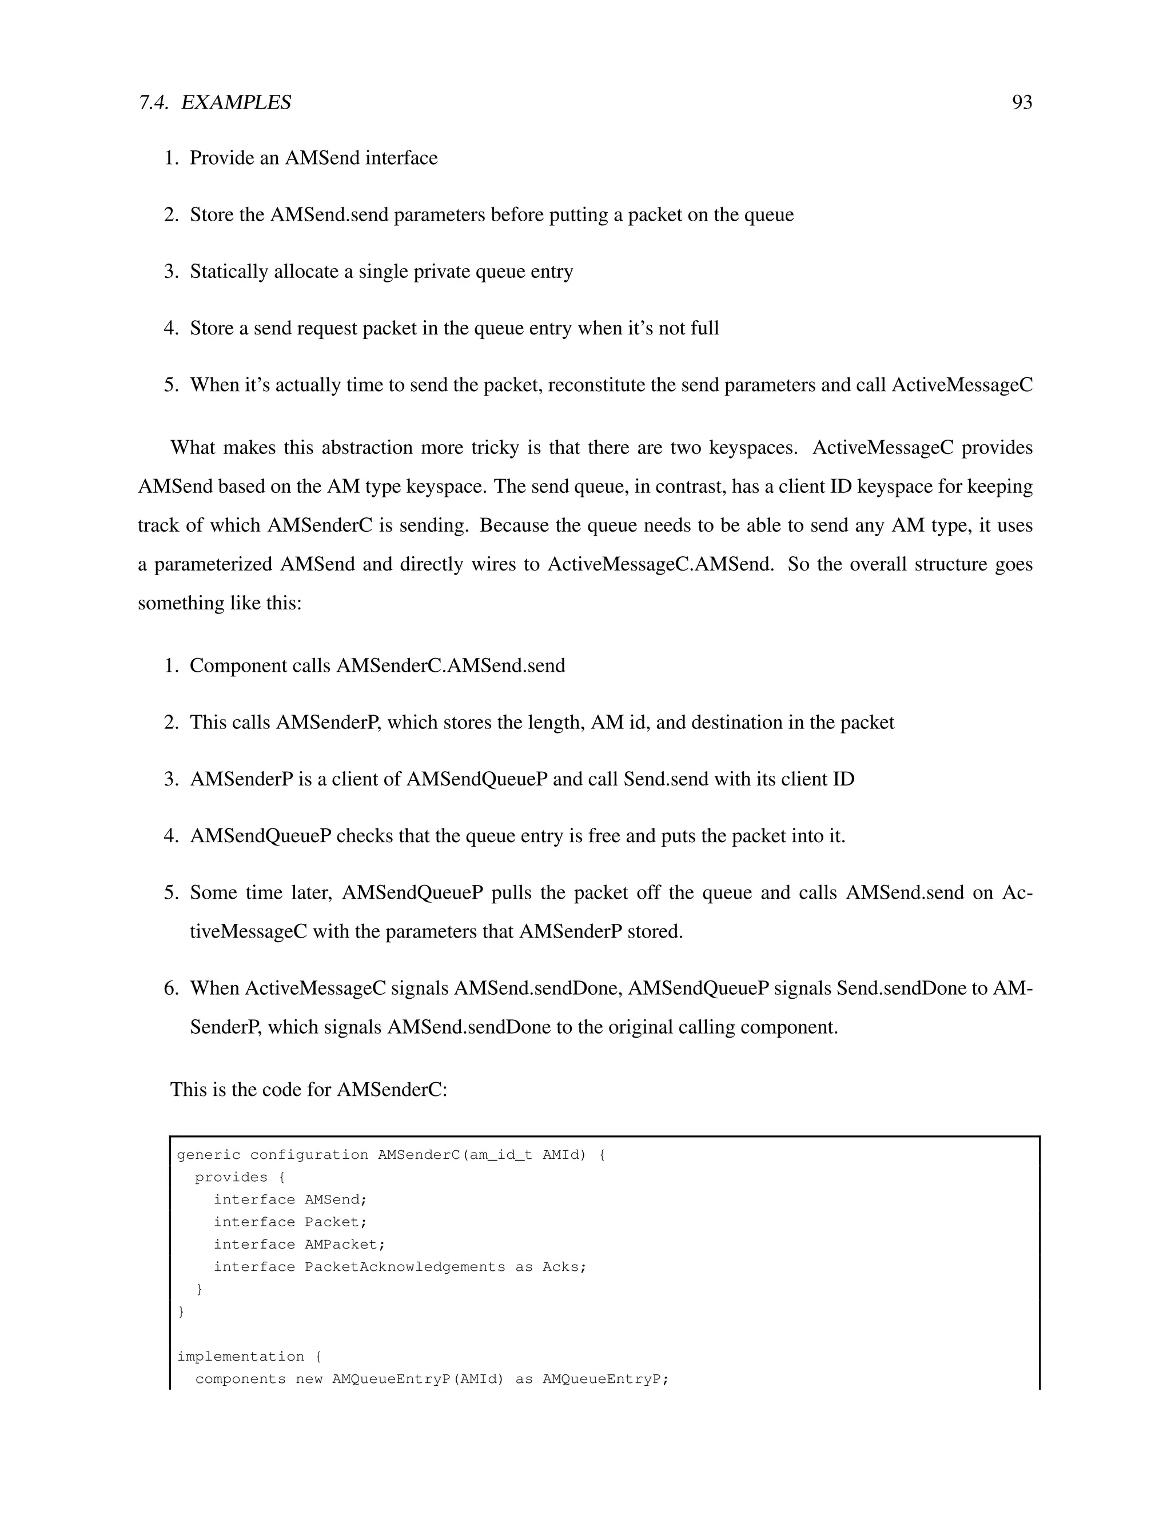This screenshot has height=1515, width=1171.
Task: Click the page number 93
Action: (1022, 103)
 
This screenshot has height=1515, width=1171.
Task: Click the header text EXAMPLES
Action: (236, 103)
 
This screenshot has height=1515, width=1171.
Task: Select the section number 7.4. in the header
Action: (153, 103)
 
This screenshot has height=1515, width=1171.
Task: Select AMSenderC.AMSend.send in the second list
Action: (451, 666)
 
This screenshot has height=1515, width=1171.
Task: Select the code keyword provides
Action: (231, 1177)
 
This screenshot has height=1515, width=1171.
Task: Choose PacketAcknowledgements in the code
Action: (405, 1267)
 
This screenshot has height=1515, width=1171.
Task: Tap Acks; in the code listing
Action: (564, 1267)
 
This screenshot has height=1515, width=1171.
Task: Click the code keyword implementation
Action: (240, 1356)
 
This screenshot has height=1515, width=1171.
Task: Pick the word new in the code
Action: (309, 1379)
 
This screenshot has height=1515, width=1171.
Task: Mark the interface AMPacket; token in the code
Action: (345, 1245)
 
